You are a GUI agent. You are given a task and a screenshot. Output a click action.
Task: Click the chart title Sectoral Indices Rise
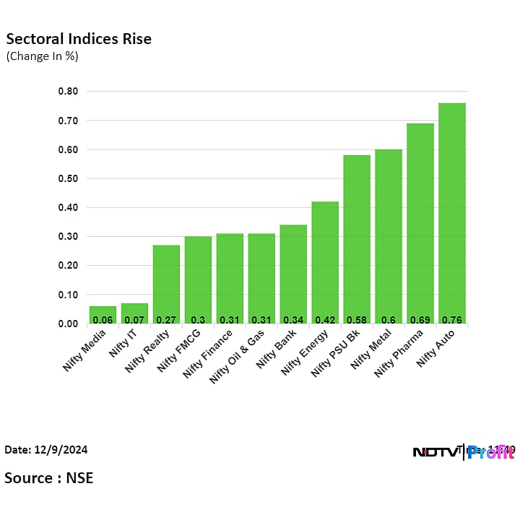point(79,39)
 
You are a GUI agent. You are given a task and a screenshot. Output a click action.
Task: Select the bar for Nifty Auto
point(452,213)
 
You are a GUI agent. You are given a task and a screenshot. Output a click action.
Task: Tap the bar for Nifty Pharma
point(420,223)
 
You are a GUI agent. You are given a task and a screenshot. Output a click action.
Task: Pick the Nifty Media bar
point(103,315)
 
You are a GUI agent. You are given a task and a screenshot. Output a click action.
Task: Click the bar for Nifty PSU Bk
point(357,239)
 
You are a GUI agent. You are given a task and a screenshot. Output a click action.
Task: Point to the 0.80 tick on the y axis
point(69,92)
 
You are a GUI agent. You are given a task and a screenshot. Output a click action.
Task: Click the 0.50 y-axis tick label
point(69,178)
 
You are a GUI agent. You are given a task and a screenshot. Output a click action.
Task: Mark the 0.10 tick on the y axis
point(69,295)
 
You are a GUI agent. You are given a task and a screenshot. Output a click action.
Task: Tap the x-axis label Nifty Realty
point(148,350)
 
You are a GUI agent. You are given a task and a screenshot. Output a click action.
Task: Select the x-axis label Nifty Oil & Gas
point(237,355)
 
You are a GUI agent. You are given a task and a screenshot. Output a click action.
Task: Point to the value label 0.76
point(452,318)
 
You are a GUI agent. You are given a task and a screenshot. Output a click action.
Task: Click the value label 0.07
point(134,318)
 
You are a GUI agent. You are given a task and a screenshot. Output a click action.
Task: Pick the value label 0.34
point(293,318)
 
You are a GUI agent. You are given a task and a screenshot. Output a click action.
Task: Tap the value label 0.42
point(325,318)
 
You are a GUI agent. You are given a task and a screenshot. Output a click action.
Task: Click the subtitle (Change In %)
point(42,56)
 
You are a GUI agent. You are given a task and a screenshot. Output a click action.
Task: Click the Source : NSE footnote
point(49,478)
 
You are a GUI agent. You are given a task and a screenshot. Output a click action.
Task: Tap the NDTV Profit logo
point(463,452)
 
